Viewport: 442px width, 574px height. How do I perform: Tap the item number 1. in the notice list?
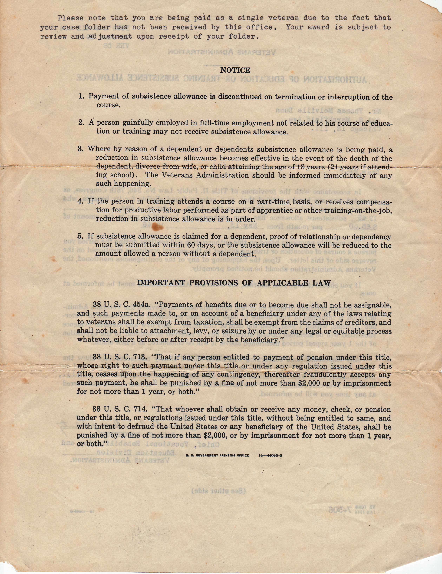click(x=81, y=96)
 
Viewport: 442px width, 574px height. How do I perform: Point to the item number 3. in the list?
click(x=81, y=149)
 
